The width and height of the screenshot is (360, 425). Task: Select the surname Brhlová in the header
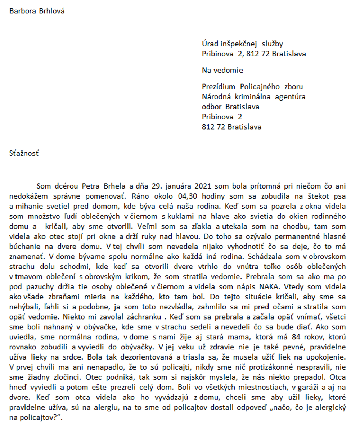coord(52,10)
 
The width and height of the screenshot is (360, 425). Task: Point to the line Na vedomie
coord(222,70)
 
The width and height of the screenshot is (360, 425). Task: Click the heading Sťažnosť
coord(24,154)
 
